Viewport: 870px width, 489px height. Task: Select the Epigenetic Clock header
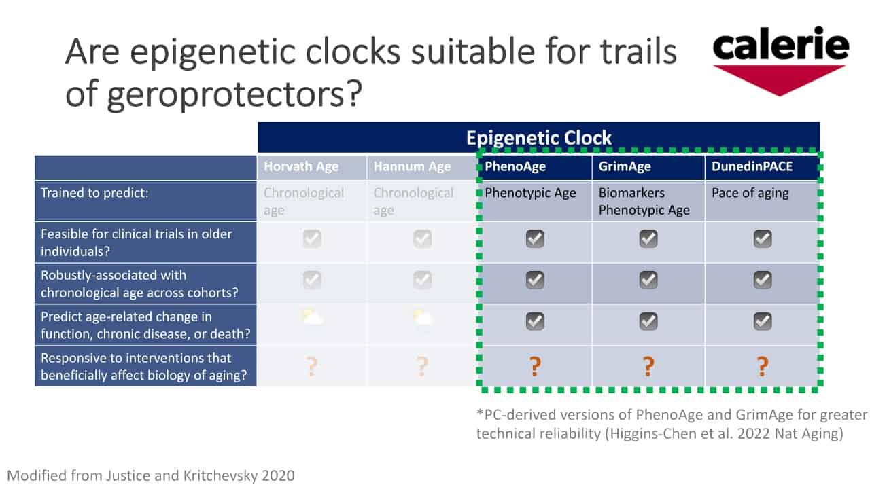tap(539, 138)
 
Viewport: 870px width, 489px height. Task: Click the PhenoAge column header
tap(515, 166)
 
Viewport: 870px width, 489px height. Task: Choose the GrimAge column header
tap(625, 166)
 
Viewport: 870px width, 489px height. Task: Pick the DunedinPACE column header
tap(752, 166)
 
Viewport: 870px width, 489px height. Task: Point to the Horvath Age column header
tap(301, 166)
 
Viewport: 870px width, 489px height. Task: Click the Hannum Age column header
tap(412, 166)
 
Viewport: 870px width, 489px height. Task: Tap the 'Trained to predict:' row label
tap(94, 193)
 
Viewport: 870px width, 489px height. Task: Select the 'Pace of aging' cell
tap(750, 193)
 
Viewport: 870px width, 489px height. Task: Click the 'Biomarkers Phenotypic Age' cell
tap(644, 202)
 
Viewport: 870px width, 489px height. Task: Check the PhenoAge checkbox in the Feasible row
tap(535, 238)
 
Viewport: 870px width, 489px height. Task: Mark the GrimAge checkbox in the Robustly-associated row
tap(648, 280)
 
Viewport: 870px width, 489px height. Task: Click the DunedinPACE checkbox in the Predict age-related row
tap(763, 321)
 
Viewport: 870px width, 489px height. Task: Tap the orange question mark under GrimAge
tap(648, 366)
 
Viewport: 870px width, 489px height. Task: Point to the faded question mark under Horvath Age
tap(312, 366)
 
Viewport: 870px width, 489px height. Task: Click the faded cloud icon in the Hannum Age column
tap(422, 319)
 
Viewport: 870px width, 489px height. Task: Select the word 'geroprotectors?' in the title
tap(234, 95)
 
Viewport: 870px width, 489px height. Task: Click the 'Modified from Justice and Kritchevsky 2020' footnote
tap(151, 476)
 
